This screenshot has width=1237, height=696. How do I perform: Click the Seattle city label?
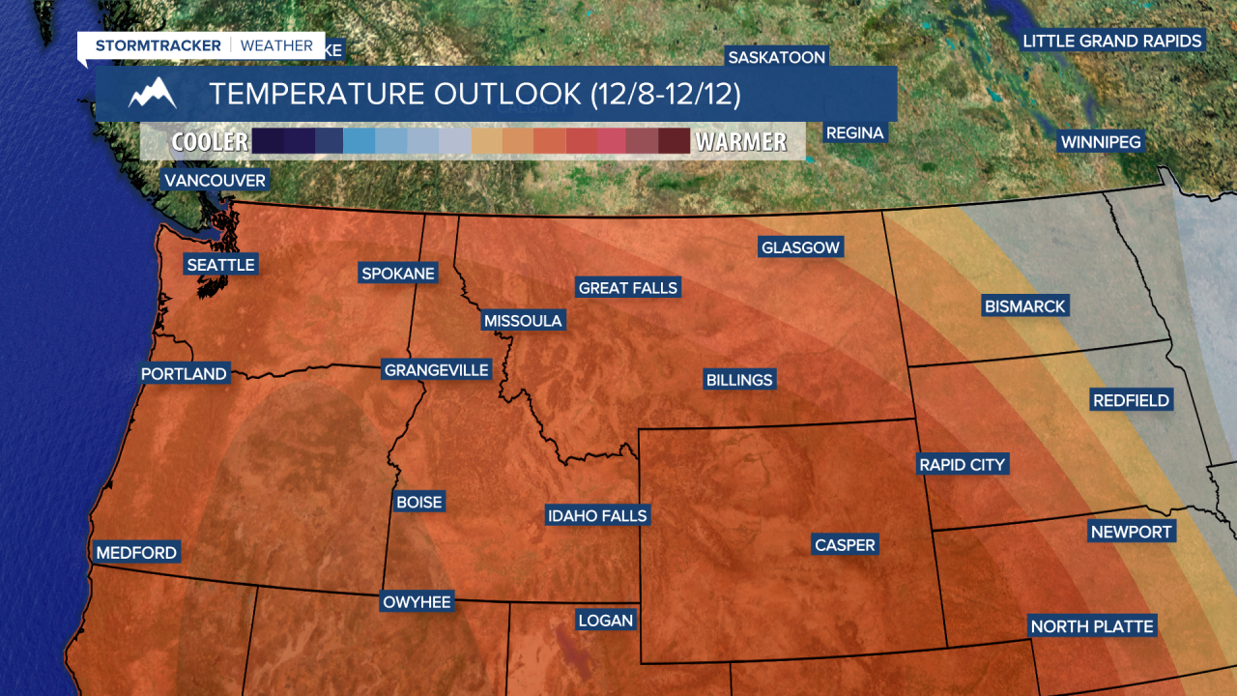click(220, 265)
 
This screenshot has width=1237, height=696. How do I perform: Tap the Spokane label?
click(397, 274)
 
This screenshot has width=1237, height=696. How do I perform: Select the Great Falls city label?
click(628, 288)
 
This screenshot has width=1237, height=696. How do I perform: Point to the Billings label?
click(739, 380)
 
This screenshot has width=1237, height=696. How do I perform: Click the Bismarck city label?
click(1024, 306)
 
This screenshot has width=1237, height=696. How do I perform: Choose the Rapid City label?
click(963, 465)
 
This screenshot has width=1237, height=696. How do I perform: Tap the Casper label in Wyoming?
click(845, 545)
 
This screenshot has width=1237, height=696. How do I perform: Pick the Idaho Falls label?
click(596, 516)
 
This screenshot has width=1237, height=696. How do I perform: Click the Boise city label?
click(418, 503)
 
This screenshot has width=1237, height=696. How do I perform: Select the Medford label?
click(136, 553)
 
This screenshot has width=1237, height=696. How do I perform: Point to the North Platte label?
click(1092, 626)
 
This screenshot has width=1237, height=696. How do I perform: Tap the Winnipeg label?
click(1101, 142)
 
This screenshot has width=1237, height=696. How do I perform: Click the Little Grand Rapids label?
click(1112, 41)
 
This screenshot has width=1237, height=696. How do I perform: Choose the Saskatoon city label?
click(777, 57)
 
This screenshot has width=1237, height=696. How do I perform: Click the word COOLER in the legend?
click(210, 142)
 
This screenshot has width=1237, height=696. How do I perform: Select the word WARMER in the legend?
click(741, 142)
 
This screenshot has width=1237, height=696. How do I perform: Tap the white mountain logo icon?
click(153, 94)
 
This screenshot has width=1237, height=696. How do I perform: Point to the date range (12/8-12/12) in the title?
click(665, 94)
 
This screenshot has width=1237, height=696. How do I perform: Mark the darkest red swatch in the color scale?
click(674, 141)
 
